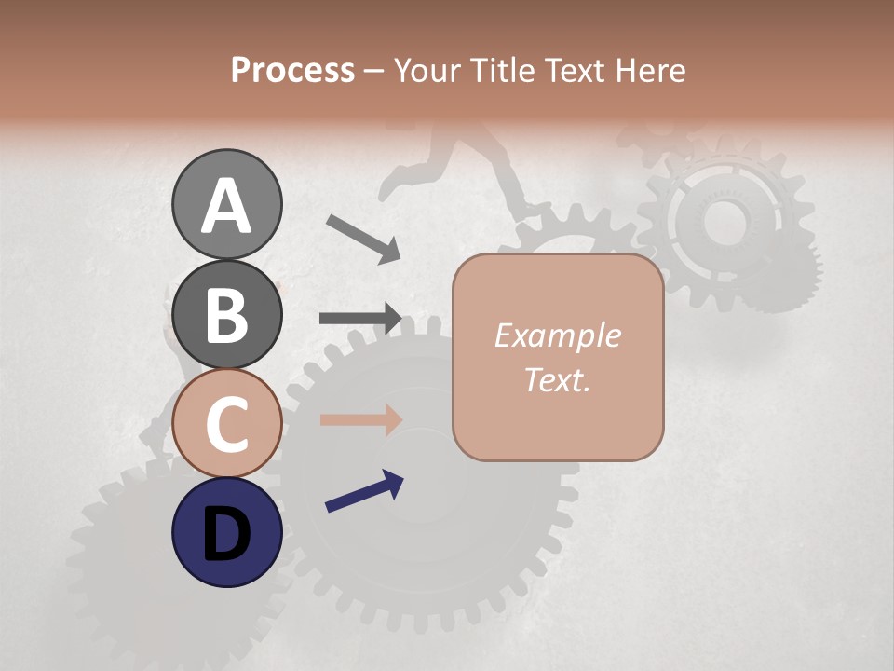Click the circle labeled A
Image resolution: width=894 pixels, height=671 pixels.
226,205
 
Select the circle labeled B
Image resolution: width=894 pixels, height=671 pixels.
226,314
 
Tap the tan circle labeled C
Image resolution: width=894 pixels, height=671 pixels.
226,424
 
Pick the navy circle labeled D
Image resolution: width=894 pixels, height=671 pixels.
226,533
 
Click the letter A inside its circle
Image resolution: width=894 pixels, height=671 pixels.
226,205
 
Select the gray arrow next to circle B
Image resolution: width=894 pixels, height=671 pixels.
360,318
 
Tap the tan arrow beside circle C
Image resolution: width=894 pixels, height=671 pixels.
360,419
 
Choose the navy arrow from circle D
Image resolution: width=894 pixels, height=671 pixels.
364,492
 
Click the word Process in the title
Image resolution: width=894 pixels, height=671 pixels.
292,70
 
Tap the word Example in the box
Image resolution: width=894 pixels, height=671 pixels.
557,335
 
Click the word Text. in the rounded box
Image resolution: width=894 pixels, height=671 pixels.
557,380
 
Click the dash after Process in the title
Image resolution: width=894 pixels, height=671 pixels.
373,71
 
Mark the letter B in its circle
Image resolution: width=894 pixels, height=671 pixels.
226,315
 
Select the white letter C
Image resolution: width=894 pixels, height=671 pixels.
226,425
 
